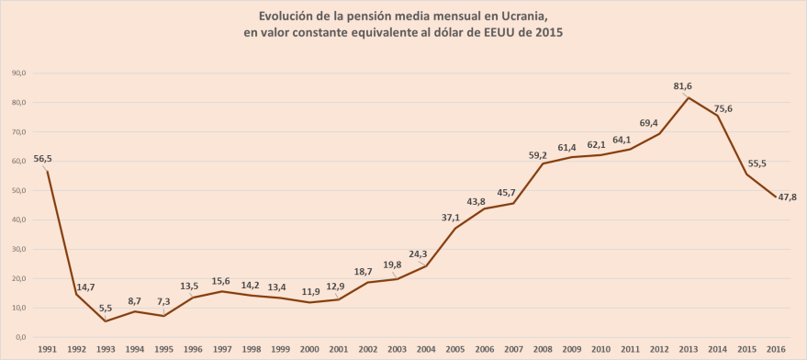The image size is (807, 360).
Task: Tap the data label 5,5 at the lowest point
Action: (106, 308)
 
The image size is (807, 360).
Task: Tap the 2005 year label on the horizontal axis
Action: (453, 349)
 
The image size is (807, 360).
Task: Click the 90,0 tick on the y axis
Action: (17, 73)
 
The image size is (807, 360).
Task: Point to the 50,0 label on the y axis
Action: (17, 190)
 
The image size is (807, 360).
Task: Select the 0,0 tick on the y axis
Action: (18, 337)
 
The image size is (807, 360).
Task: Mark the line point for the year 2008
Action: (540, 163)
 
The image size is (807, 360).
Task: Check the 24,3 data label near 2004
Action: (418, 254)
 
